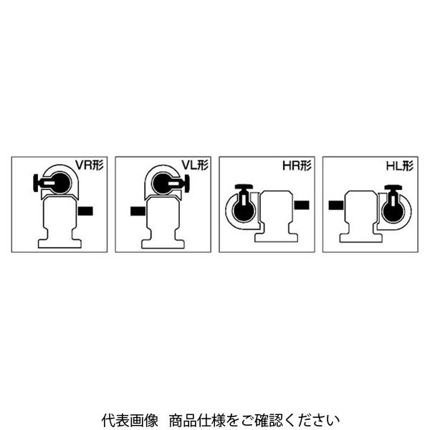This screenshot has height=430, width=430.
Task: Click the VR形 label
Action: click(x=90, y=166)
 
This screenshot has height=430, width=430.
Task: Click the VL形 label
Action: click(x=195, y=165)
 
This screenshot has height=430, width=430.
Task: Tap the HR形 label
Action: click(x=297, y=166)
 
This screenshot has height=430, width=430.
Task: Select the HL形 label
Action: click(x=400, y=166)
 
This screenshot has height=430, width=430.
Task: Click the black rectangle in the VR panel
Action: click(x=85, y=211)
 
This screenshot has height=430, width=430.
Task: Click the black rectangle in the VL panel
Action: click(x=138, y=211)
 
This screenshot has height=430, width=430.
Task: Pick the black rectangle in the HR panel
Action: click(x=302, y=205)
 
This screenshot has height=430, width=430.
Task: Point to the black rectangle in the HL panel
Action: click(x=336, y=205)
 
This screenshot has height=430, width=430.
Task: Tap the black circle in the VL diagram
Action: click(x=163, y=183)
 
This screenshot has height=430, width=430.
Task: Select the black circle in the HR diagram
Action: click(x=244, y=211)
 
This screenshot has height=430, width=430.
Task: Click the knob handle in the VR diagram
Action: click(x=36, y=183)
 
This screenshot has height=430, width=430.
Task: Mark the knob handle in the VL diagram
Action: click(x=187, y=183)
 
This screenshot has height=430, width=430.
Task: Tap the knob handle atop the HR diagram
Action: click(x=244, y=186)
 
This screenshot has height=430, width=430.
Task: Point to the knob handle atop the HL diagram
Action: click(x=393, y=187)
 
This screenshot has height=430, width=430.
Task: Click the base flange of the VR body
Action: click(x=59, y=244)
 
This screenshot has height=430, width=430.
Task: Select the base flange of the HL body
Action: click(x=360, y=238)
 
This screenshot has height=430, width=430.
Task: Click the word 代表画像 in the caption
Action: click(x=130, y=420)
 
